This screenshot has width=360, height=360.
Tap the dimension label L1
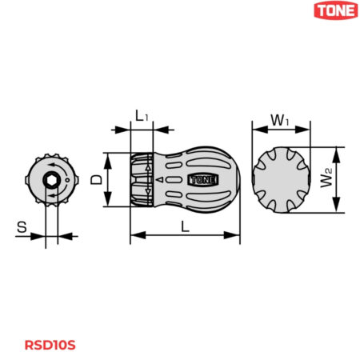click(142, 117)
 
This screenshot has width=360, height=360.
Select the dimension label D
click(97, 181)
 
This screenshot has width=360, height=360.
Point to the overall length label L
click(186, 226)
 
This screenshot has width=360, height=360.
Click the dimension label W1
click(279, 119)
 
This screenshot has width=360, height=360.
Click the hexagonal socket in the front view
click(50, 181)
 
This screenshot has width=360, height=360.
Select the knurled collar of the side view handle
click(141, 181)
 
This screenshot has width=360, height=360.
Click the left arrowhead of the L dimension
click(134, 235)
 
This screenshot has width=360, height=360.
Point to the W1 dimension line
click(279, 129)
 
